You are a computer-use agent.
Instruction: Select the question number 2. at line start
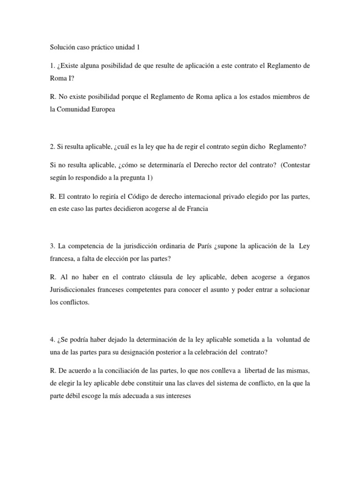[x=52, y=147]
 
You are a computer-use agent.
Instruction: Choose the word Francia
[x=196, y=210]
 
